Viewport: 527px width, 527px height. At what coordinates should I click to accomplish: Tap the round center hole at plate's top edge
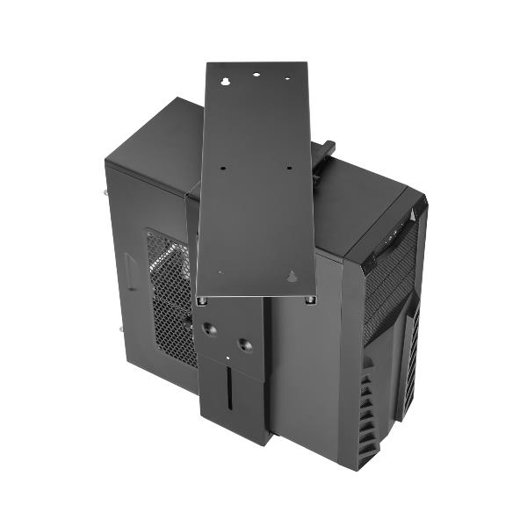tap(257, 76)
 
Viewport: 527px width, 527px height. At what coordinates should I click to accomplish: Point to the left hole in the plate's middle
tap(224, 166)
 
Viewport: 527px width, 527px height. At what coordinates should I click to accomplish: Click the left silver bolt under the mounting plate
tap(203, 300)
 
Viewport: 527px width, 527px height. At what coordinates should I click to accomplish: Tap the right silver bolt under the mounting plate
tap(310, 300)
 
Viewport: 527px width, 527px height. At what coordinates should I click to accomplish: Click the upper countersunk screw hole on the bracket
tap(210, 328)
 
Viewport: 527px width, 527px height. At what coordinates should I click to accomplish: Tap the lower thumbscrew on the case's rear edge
tap(119, 330)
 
